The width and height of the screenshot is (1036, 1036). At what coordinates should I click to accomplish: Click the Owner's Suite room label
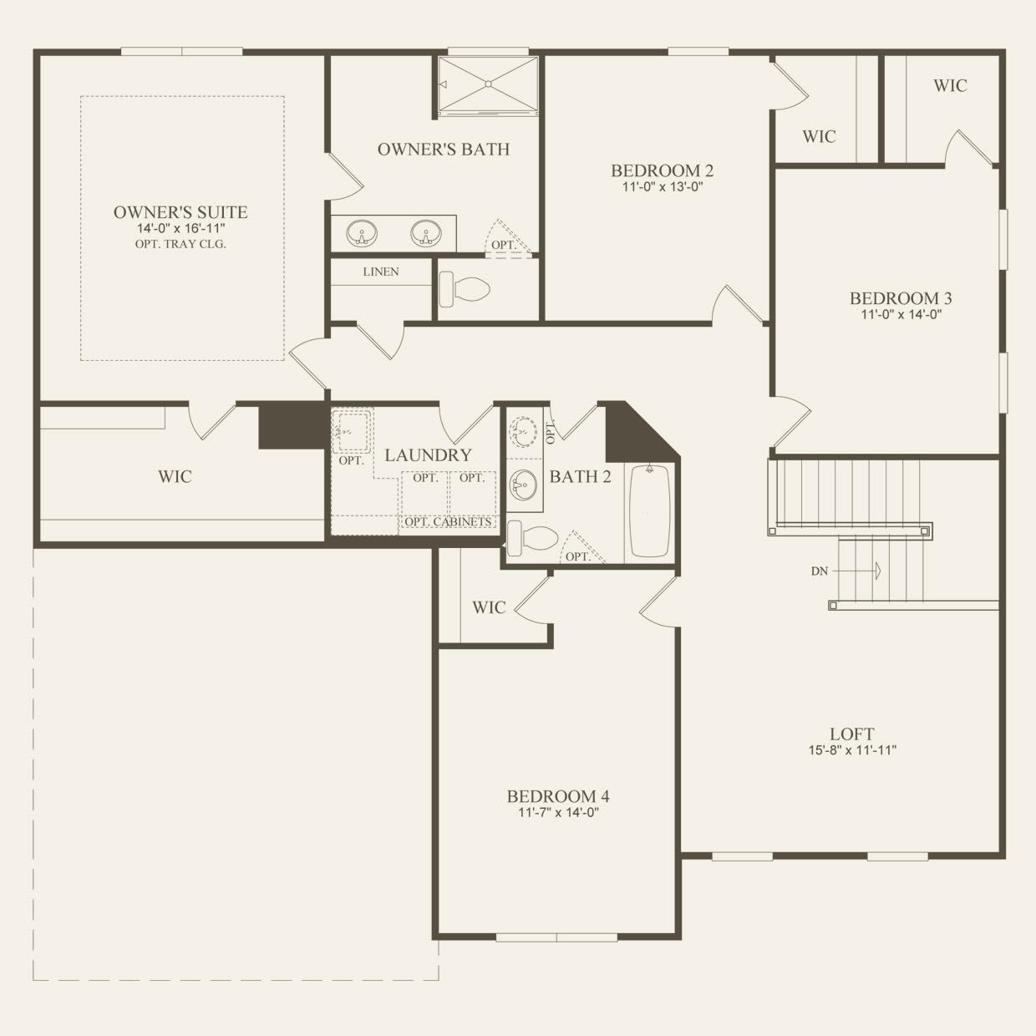point(180,212)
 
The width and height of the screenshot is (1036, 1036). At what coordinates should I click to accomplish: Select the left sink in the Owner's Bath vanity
point(362,233)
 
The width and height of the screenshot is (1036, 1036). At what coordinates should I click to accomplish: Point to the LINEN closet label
point(380,272)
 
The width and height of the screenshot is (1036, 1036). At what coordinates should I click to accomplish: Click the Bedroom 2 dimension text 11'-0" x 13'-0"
point(662,187)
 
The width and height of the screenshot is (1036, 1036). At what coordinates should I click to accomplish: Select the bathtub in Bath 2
point(650,511)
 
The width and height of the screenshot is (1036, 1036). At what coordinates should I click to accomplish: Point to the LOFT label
point(851,734)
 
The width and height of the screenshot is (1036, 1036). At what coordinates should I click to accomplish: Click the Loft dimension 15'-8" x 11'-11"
point(851,750)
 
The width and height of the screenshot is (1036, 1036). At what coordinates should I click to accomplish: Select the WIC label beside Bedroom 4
point(489,607)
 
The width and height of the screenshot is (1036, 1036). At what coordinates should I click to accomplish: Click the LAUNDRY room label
point(428,455)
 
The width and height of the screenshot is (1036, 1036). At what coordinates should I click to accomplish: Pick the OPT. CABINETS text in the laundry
point(448,522)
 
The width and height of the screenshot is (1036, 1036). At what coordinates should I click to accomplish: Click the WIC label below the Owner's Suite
point(175,477)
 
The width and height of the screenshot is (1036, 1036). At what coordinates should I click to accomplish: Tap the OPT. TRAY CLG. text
point(180,245)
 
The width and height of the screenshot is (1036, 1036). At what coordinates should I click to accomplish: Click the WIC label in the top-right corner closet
point(950,85)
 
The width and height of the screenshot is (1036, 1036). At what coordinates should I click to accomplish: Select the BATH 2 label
point(580,477)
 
